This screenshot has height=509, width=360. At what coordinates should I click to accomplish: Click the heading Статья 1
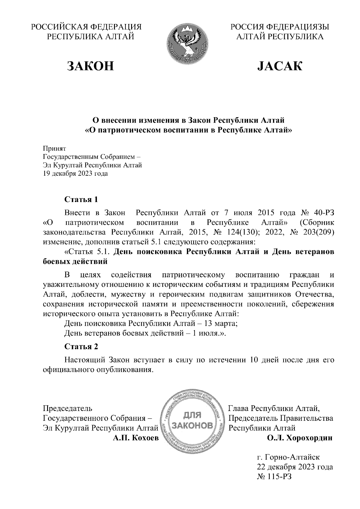point(81,199)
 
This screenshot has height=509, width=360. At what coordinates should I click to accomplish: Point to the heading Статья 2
point(81,347)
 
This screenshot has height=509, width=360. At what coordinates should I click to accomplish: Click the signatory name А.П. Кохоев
point(135,438)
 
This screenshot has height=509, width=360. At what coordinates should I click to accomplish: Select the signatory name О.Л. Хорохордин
point(300,438)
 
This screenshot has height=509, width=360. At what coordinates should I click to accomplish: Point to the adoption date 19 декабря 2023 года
point(76,174)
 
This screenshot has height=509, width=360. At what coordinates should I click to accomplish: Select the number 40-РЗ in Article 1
point(323,213)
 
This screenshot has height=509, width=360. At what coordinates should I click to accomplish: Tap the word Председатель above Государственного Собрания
point(68,408)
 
